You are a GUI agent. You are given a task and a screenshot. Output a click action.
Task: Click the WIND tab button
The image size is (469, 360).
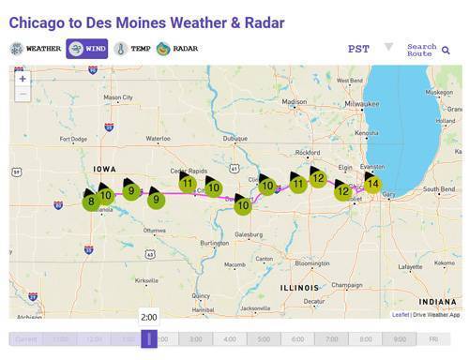tap(87, 49)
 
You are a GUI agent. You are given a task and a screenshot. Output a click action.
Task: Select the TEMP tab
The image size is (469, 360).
tap(132, 49)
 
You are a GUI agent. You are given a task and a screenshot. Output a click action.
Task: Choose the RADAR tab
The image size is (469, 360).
tap(178, 49)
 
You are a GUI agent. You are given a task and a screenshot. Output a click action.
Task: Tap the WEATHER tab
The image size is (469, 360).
tap(35, 49)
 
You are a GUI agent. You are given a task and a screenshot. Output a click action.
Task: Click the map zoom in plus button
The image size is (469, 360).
tap(23, 79)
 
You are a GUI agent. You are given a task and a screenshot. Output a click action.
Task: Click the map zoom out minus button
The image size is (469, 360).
tap(23, 94)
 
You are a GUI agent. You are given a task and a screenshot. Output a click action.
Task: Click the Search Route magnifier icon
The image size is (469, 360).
tap(446, 51)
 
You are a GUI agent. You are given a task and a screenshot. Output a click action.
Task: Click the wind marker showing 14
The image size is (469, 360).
tap(373, 184)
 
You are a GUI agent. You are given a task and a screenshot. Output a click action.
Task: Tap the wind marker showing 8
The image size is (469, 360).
tap(91, 201)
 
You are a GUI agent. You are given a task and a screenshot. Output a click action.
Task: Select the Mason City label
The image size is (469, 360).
tap(118, 97)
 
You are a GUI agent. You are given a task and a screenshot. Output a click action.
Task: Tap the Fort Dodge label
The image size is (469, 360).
tap(72, 139)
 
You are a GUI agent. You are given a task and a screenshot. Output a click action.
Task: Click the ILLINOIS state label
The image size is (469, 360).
tap(299, 287)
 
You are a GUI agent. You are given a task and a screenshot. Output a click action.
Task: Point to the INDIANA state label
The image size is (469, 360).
tap(438, 301)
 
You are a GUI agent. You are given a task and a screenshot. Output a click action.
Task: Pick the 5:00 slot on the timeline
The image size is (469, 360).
tap(264, 339)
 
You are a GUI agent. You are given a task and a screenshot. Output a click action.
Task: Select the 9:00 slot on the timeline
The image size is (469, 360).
tap(400, 339)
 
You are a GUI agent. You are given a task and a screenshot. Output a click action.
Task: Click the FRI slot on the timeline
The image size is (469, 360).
tap(433, 339)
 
